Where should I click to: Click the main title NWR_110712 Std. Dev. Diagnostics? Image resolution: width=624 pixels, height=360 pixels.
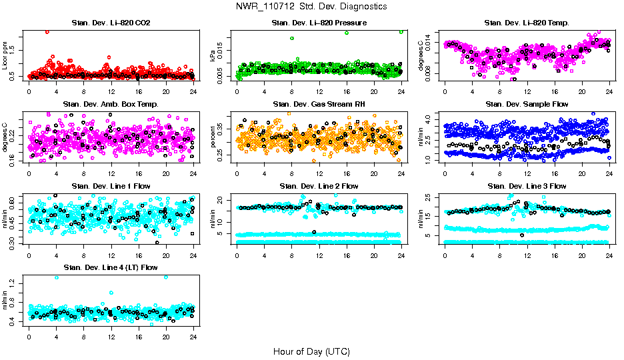[311, 7]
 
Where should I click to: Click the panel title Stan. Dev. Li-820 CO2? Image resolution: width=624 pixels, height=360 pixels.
[111, 23]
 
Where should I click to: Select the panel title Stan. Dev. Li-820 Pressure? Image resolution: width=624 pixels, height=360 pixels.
[319, 23]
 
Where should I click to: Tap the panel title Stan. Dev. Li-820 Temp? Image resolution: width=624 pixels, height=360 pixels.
[527, 23]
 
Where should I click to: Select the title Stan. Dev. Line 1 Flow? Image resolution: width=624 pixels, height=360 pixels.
[111, 186]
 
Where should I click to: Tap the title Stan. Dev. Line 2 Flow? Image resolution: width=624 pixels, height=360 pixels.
[319, 186]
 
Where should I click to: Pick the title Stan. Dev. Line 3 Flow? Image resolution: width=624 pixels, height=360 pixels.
[527, 186]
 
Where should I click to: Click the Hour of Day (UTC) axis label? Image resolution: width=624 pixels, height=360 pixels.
[311, 351]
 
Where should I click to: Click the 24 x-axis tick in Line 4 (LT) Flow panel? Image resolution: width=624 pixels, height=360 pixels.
[193, 337]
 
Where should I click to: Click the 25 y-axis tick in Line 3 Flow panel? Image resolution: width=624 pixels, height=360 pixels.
[430, 197]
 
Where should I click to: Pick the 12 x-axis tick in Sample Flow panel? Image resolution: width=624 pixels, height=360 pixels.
[527, 174]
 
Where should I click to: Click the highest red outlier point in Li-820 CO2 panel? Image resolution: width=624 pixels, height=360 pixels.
[47, 31]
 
